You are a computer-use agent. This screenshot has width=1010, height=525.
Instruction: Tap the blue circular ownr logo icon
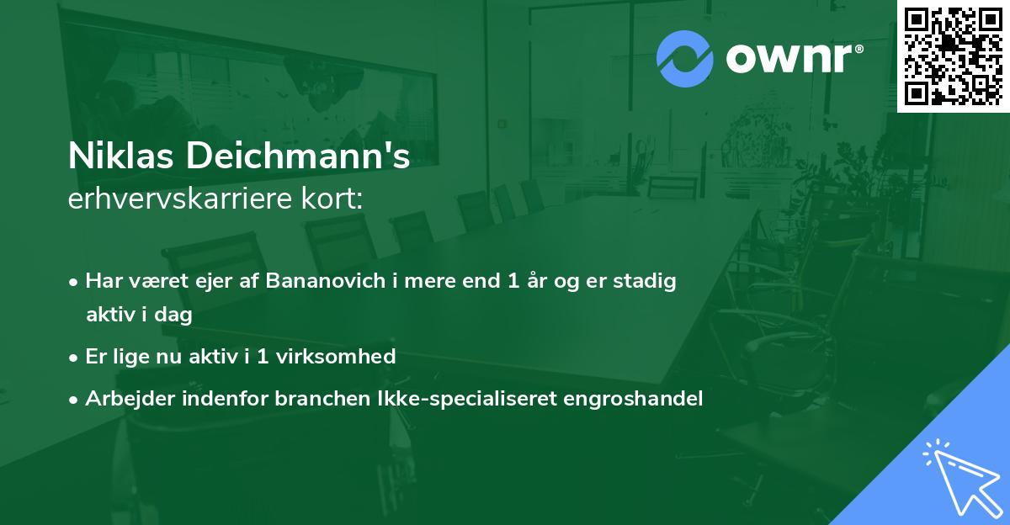pyautogui.click(x=684, y=59)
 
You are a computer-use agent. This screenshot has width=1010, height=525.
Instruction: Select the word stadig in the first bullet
pyautogui.click(x=648, y=282)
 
